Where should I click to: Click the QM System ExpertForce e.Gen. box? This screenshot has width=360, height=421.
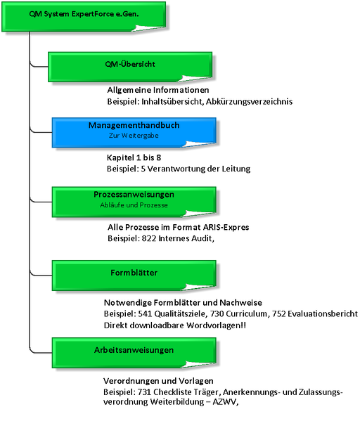(x=84, y=17)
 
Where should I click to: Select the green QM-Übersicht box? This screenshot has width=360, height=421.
(x=130, y=67)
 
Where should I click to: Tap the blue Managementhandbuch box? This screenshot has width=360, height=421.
(x=134, y=133)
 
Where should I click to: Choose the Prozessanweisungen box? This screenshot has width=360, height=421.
(x=134, y=202)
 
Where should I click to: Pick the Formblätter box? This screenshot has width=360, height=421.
(x=134, y=276)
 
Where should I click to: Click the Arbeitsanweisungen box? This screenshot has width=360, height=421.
(x=134, y=353)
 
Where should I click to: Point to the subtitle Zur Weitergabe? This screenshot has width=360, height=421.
(x=134, y=136)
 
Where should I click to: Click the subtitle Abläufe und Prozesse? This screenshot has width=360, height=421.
(x=134, y=205)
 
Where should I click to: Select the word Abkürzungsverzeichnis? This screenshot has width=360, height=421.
(x=250, y=102)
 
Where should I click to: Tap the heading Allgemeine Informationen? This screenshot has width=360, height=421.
(x=158, y=90)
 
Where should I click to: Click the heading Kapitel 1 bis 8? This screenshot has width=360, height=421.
(x=134, y=157)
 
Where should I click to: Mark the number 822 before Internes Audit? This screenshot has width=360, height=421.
(x=149, y=238)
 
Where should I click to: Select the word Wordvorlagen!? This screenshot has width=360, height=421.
(x=216, y=325)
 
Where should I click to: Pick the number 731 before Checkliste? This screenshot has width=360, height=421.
(x=144, y=392)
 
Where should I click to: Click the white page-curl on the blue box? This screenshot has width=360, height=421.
(x=199, y=144)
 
